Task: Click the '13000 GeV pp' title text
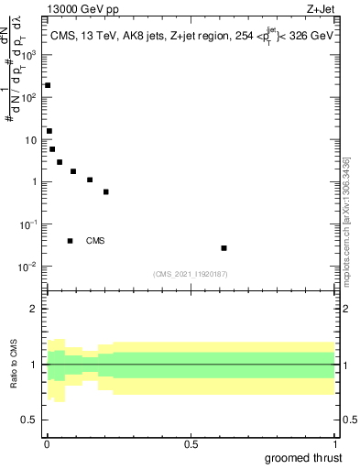pyautogui.click(x=81, y=10)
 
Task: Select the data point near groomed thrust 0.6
pyautogui.click(x=224, y=248)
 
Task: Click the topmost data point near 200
pyautogui.click(x=48, y=85)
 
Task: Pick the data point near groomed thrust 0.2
pyautogui.click(x=106, y=192)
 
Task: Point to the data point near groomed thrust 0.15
pyautogui.click(x=90, y=180)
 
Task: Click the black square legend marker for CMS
pyautogui.click(x=70, y=241)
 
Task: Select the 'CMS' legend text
pyautogui.click(x=95, y=241)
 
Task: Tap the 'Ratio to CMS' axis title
pyautogui.click(x=14, y=365)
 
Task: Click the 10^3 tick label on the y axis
pyautogui.click(x=31, y=54)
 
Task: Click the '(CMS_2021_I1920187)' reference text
pyautogui.click(x=190, y=274)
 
